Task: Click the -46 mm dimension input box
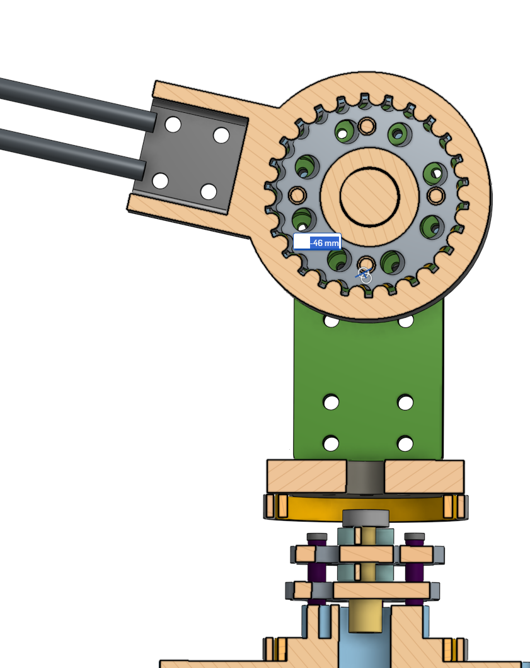[x=317, y=242]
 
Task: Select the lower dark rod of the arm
[x=72, y=154]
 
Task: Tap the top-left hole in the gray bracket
[x=173, y=125]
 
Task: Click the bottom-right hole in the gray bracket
[x=209, y=192]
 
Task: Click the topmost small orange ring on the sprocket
[x=366, y=126]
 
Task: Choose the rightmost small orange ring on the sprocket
[x=435, y=196]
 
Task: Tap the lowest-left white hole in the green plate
[x=331, y=443]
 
